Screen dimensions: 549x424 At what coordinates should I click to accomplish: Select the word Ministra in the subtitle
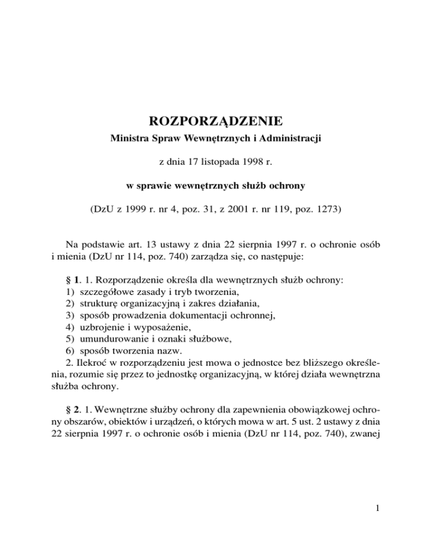(x=125, y=142)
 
